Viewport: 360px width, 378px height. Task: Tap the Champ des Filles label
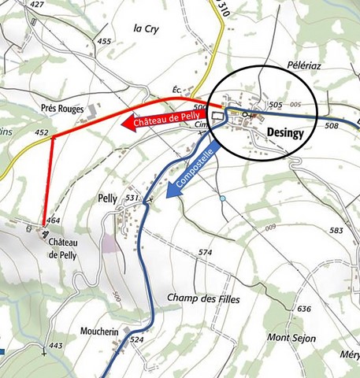203,298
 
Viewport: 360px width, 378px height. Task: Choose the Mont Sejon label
291,338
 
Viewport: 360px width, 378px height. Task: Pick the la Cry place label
147,28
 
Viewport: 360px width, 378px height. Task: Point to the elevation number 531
132,197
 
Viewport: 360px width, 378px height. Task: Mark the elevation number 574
206,252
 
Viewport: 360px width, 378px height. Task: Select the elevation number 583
336,230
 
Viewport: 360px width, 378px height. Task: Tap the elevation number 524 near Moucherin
136,339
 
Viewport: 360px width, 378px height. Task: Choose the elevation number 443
55,346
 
